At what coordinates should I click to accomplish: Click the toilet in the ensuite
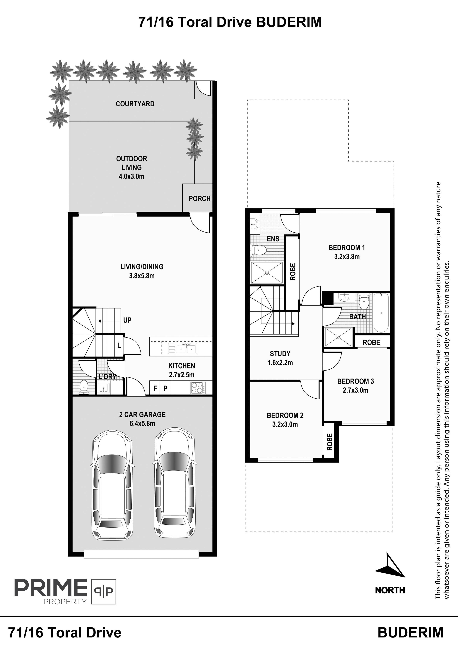click(258, 250)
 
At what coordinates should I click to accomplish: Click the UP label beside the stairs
click(127, 320)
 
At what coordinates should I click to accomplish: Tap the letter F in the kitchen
click(155, 388)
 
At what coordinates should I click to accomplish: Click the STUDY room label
click(280, 354)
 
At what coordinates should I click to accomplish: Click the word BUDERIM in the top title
click(289, 22)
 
